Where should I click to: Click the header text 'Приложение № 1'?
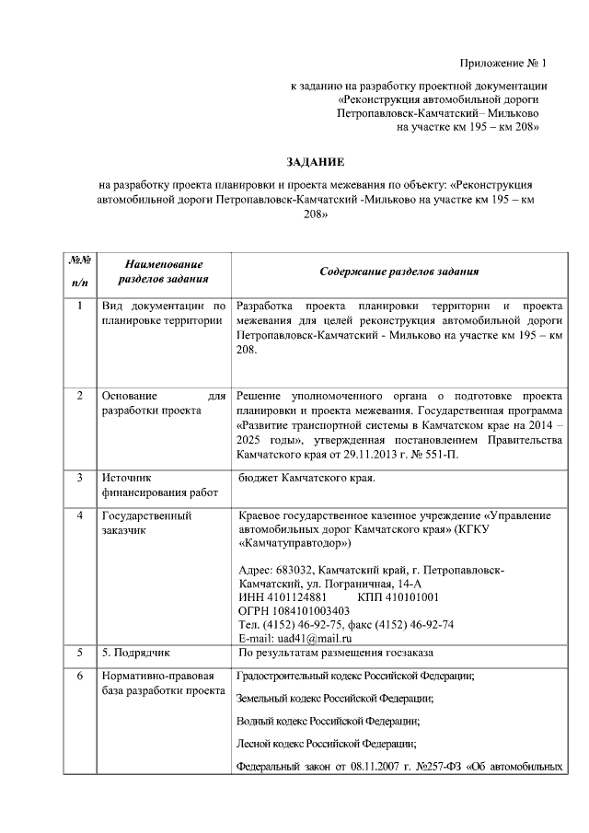(x=502, y=64)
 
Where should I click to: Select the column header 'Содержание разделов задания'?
(x=398, y=272)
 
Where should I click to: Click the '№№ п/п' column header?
(x=78, y=272)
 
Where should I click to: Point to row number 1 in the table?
(x=79, y=306)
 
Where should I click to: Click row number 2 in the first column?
(x=79, y=395)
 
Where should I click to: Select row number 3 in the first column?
(x=79, y=478)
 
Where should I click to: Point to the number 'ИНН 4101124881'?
(x=282, y=596)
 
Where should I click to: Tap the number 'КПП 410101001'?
(x=387, y=596)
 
